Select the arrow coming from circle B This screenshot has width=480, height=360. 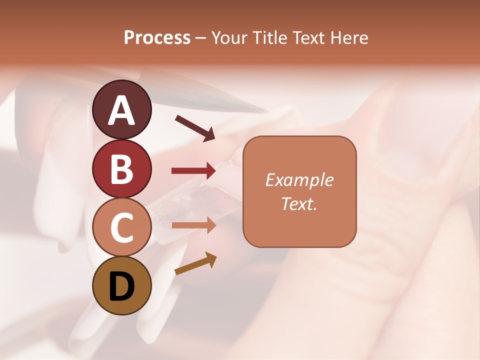click(x=193, y=171)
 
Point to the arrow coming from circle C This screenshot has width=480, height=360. click(x=193, y=225)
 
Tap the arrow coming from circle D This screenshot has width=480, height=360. click(x=195, y=263)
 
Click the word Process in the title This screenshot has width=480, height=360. click(x=157, y=38)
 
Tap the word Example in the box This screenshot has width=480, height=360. click(x=299, y=180)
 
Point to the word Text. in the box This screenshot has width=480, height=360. click(x=299, y=203)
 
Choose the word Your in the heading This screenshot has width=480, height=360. click(x=230, y=38)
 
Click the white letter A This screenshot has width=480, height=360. click(x=121, y=111)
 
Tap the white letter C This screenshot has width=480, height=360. click(x=121, y=227)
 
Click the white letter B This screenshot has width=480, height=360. click(x=121, y=169)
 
